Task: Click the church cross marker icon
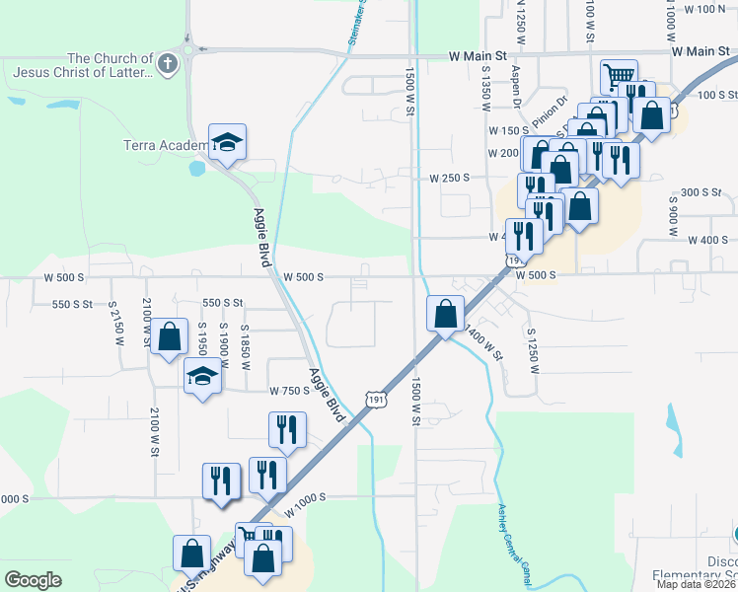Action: click(x=168, y=65)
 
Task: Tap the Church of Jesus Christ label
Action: click(x=83, y=65)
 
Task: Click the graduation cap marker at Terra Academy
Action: click(x=227, y=142)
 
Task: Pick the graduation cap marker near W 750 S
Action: click(x=203, y=377)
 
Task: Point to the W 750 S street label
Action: click(x=290, y=391)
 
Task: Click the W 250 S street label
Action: click(x=449, y=179)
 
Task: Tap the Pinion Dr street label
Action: click(x=550, y=112)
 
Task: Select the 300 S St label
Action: click(x=702, y=192)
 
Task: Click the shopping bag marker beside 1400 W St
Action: click(x=446, y=314)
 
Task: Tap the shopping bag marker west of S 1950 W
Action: click(x=170, y=336)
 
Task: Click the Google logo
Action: click(x=34, y=580)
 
